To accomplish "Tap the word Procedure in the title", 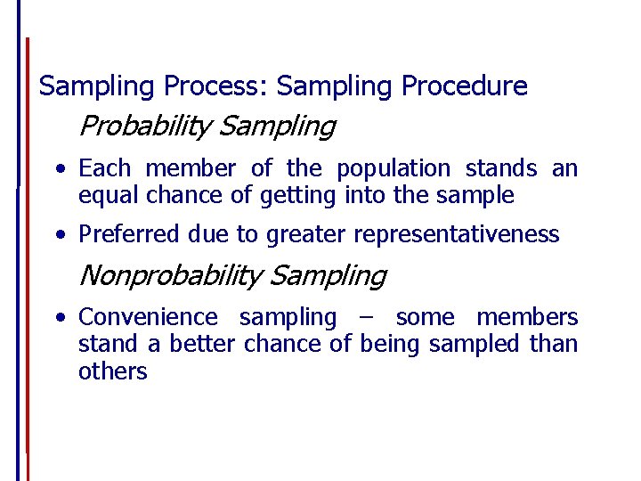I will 465,86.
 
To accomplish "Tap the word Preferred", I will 130,235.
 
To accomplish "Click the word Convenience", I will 148,317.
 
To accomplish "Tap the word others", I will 112,371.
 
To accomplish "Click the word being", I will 391,344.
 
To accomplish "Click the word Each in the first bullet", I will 104,168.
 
